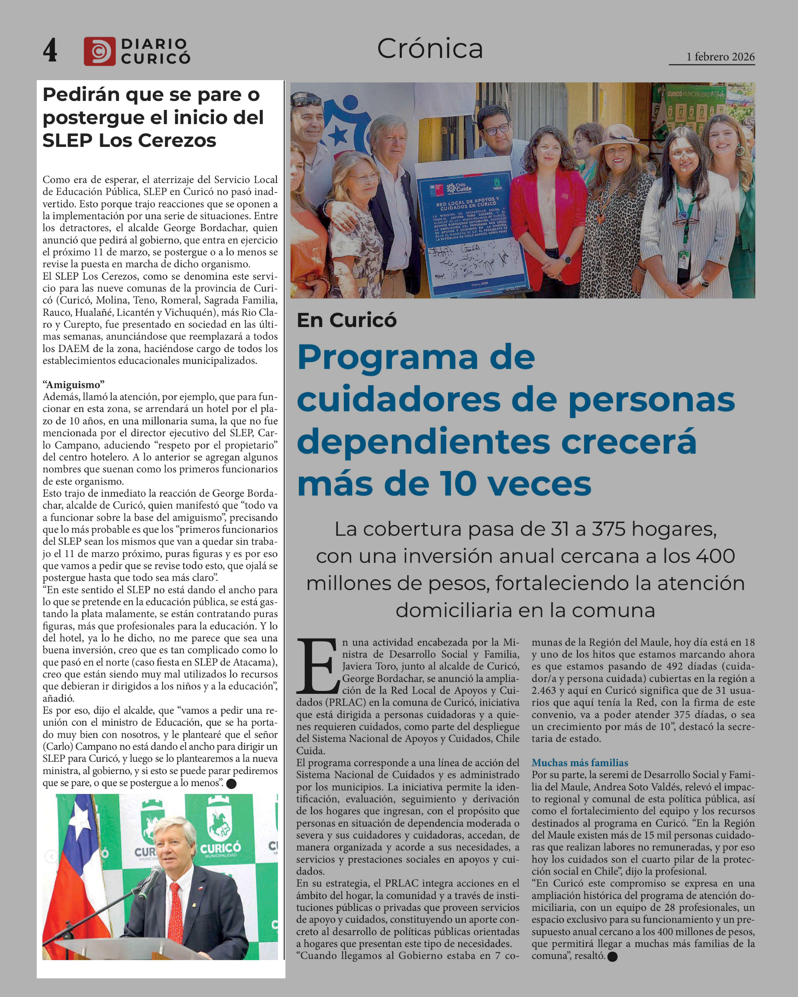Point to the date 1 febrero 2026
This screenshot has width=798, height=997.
(x=720, y=57)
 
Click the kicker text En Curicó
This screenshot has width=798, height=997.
(x=346, y=320)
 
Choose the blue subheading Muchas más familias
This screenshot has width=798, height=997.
(x=580, y=763)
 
